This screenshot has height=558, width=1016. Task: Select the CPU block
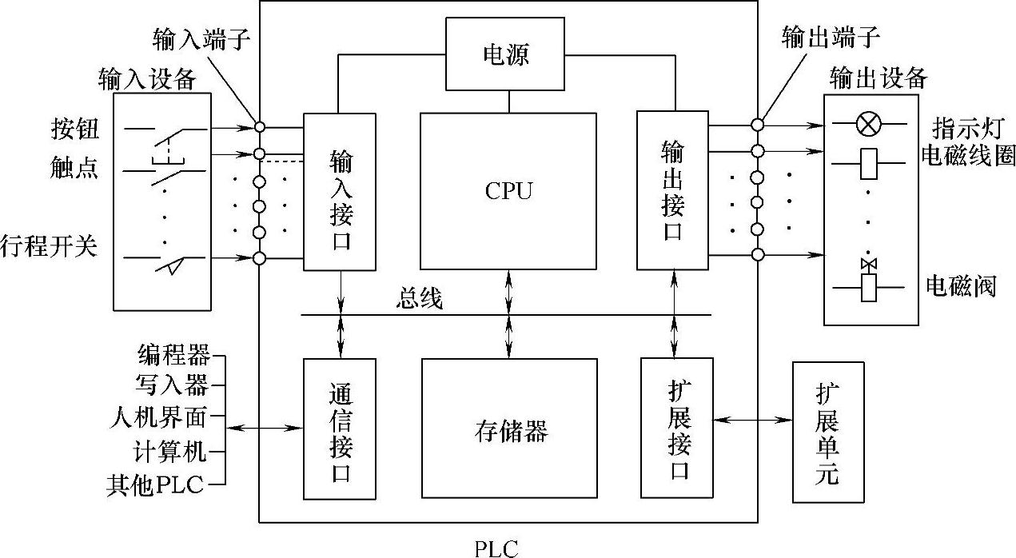508,191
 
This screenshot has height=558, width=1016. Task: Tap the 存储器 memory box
509,429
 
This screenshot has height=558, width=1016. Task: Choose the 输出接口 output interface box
672,192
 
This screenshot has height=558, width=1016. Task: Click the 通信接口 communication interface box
340,429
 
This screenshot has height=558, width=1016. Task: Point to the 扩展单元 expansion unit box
828,432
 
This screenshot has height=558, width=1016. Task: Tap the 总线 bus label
419,300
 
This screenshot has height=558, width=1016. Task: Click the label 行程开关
50,246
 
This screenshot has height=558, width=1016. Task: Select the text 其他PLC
156,484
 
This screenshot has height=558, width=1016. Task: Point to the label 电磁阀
961,285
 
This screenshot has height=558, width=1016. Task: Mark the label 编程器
173,353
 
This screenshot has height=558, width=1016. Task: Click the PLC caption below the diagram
496,548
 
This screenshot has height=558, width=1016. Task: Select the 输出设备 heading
879,78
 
